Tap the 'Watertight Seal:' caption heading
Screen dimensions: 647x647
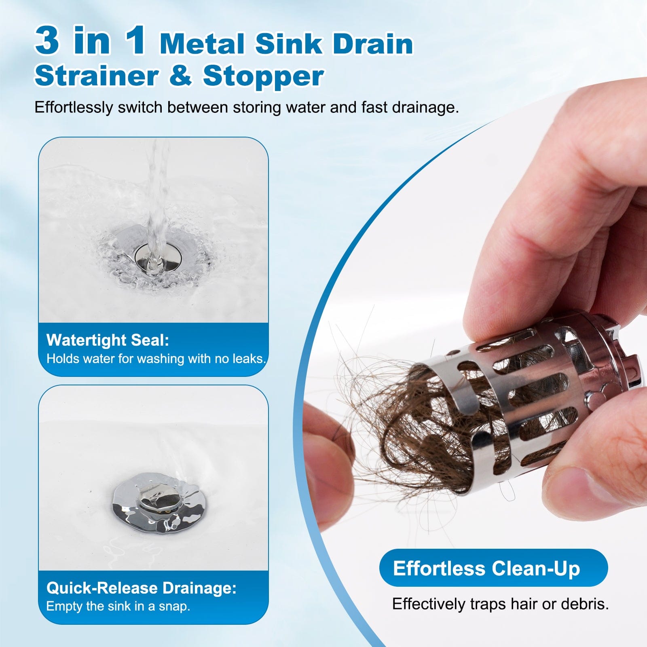pyautogui.click(x=108, y=340)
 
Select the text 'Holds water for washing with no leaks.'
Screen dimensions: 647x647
pyautogui.click(x=156, y=359)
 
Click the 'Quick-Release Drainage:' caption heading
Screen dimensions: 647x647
pyautogui.click(x=141, y=588)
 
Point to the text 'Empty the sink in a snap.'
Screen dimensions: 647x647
pyautogui.click(x=118, y=606)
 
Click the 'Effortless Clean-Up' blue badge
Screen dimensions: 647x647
pyautogui.click(x=493, y=568)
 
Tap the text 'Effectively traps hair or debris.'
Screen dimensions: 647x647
pyautogui.click(x=500, y=604)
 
